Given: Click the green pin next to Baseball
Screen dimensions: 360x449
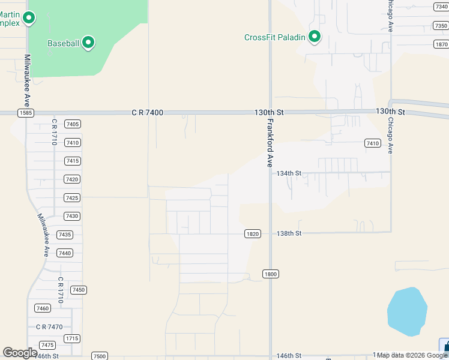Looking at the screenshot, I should pyautogui.click(x=88, y=42).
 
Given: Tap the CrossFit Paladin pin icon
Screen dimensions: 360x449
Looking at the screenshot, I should pyautogui.click(x=315, y=37).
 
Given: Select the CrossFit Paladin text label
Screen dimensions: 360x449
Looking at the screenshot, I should pyautogui.click(x=275, y=37).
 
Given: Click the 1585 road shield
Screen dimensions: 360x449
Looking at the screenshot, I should pyautogui.click(x=26, y=113).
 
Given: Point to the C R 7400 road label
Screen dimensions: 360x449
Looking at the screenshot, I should pyautogui.click(x=147, y=112).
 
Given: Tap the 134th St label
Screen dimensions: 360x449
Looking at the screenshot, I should pyautogui.click(x=289, y=173).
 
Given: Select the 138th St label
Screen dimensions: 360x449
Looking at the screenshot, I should pyautogui.click(x=289, y=233).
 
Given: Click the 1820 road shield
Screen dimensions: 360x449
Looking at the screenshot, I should pyautogui.click(x=253, y=234).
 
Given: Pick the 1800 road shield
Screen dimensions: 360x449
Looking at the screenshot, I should pyautogui.click(x=270, y=274).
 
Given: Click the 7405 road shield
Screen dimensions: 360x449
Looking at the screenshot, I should pyautogui.click(x=73, y=124).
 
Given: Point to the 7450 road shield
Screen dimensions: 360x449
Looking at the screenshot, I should pyautogui.click(x=79, y=290).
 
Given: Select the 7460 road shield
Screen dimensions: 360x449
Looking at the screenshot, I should pyautogui.click(x=43, y=308).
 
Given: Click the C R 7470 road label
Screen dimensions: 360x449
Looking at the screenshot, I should pyautogui.click(x=49, y=327).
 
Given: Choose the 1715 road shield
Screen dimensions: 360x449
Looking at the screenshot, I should pyautogui.click(x=73, y=338).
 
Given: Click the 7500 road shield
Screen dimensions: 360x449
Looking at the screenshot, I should pyautogui.click(x=100, y=356).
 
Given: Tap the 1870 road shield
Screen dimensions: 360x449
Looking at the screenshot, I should pyautogui.click(x=441, y=44).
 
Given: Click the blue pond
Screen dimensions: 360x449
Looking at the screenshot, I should pyautogui.click(x=407, y=312).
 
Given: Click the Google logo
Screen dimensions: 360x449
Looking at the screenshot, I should pyautogui.click(x=20, y=353).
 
